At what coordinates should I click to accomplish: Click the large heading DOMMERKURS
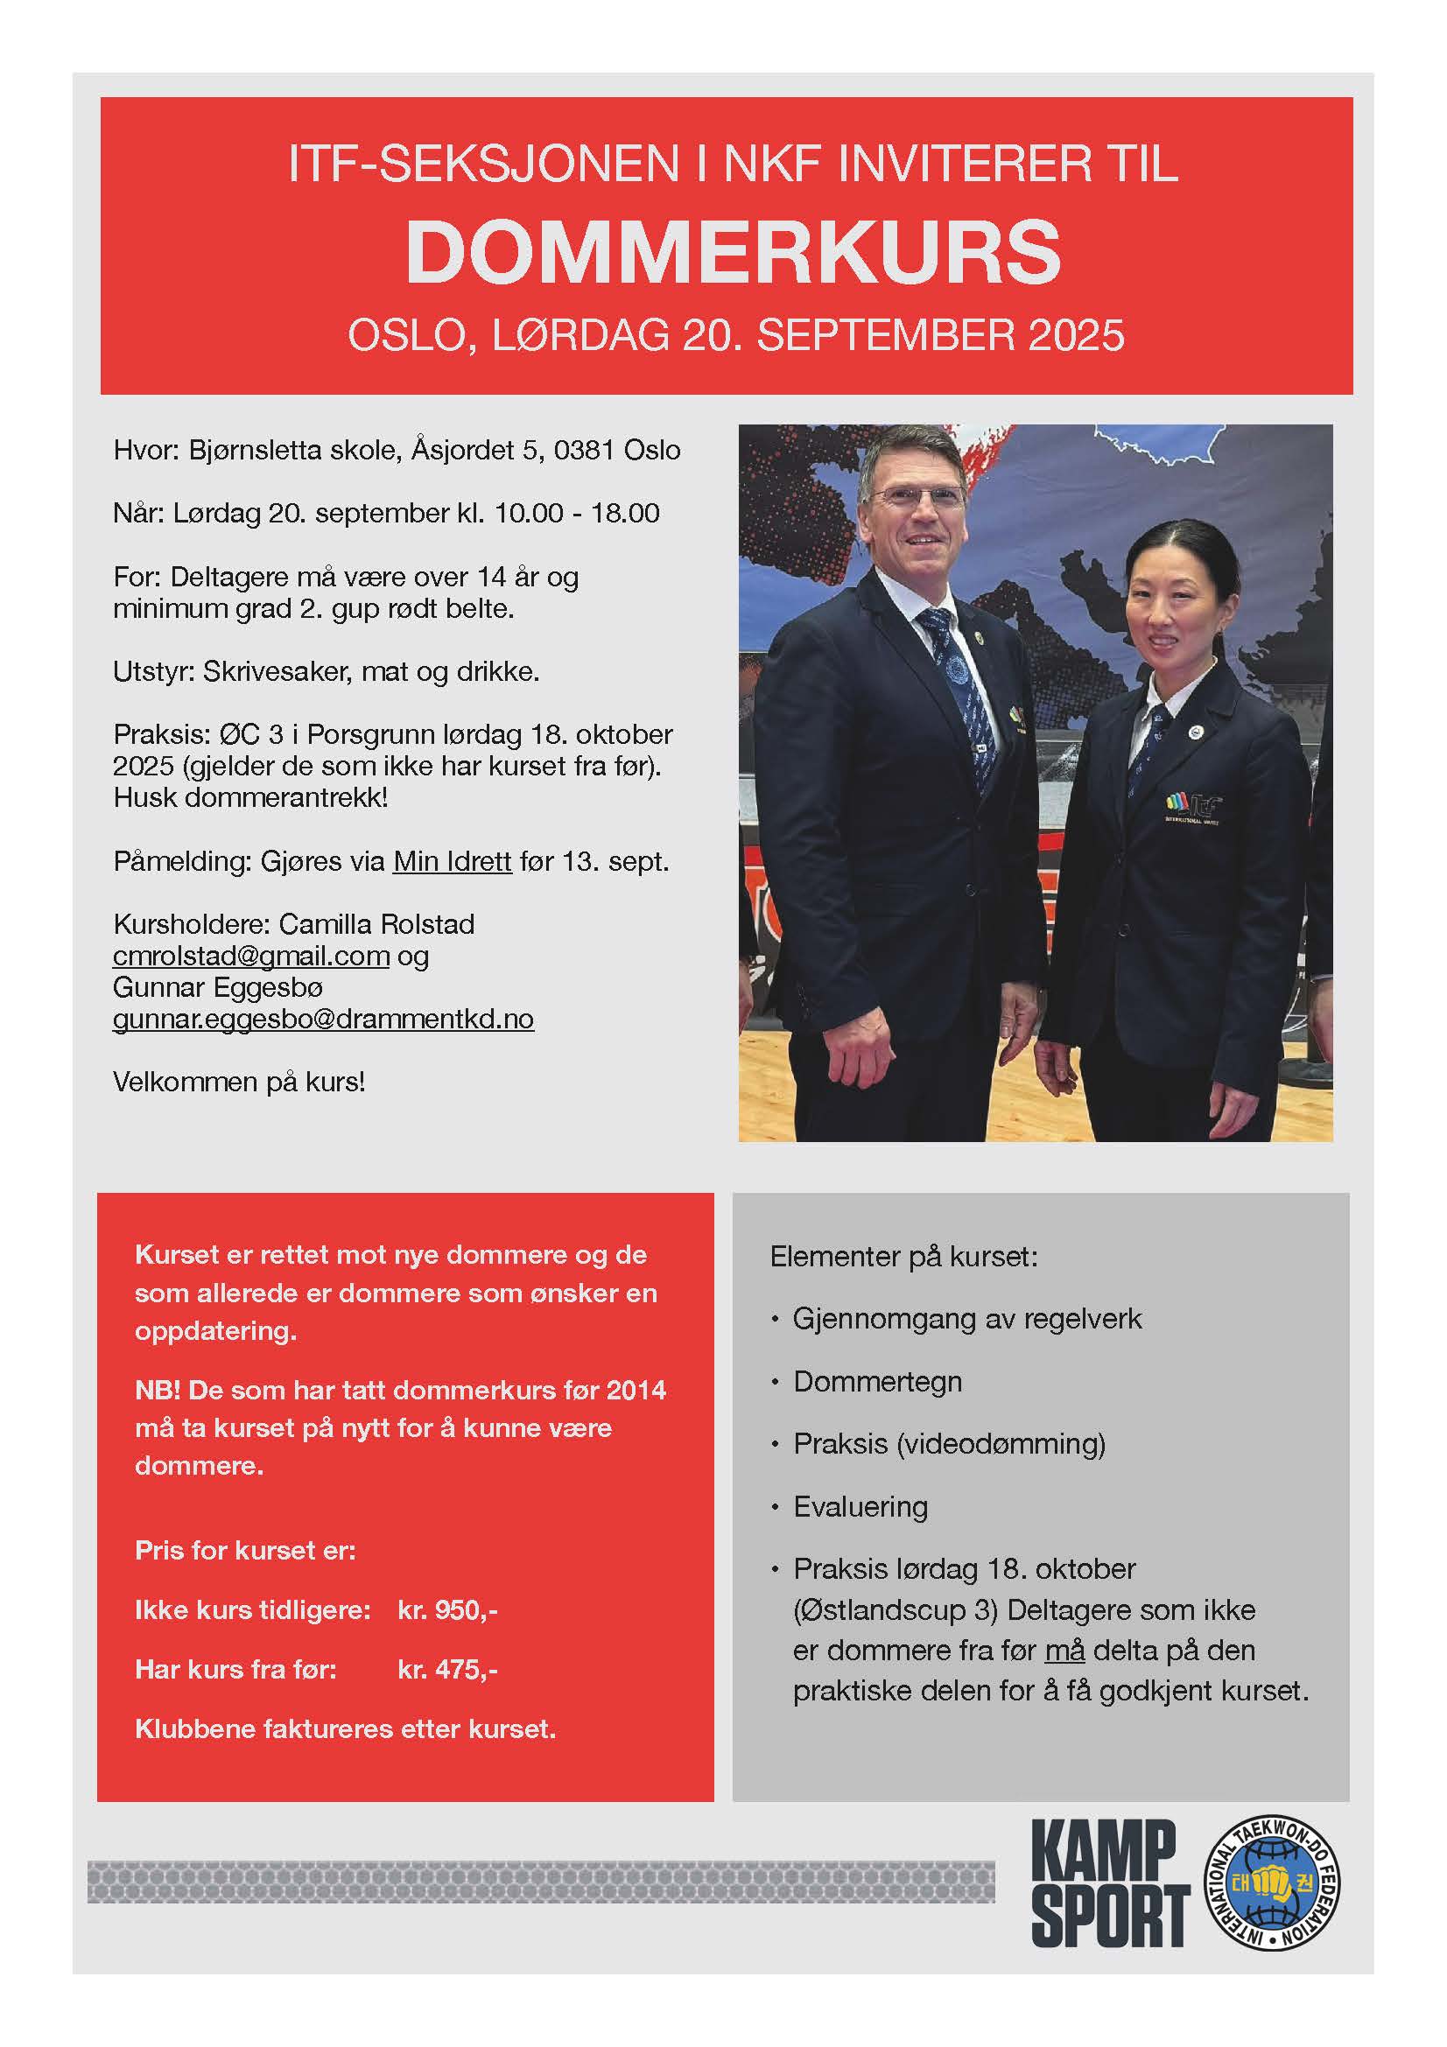[x=733, y=252]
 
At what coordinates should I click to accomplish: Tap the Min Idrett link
[x=452, y=861]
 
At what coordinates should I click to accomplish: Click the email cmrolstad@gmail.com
[x=250, y=956]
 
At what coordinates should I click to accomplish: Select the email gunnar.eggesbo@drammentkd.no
[x=323, y=1019]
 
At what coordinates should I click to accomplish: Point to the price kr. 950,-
[x=447, y=1610]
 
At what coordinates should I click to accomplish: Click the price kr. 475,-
[x=447, y=1670]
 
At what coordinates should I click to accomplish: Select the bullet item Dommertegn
[x=877, y=1382]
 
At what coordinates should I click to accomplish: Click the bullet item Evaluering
[x=860, y=1507]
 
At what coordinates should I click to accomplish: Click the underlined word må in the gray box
[x=1064, y=1651]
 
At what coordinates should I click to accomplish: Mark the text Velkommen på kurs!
[x=239, y=1083]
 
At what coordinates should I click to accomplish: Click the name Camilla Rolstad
[x=376, y=924]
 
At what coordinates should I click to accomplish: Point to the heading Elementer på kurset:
[x=903, y=1257]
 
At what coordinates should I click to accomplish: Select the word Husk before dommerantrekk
[x=145, y=798]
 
